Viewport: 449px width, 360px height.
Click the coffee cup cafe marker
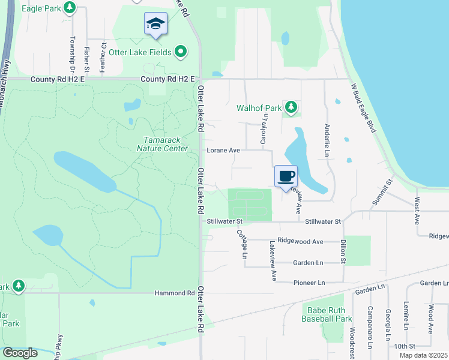tap(286, 176)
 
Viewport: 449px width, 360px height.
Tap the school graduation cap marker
tap(155, 25)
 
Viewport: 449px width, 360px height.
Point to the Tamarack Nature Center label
tap(162, 144)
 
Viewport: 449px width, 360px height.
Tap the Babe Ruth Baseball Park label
tap(327, 314)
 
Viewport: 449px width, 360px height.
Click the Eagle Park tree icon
tap(70, 8)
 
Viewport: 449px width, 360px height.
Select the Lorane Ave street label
tap(223, 151)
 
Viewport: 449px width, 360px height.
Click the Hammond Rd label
tap(182, 293)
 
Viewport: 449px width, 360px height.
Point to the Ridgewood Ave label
tap(301, 241)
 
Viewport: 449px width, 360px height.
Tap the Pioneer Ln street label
tap(309, 283)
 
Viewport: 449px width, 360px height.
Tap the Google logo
tap(20, 353)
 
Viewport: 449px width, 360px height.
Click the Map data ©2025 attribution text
tap(423, 355)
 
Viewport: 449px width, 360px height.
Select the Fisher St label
tap(87, 58)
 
